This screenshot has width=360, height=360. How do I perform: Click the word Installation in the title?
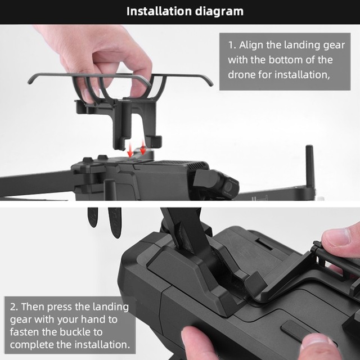[x=159, y=11]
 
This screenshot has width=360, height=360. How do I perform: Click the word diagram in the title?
[x=219, y=12]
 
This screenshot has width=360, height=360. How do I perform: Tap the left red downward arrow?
[x=130, y=149]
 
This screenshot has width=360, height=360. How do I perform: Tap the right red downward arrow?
[x=143, y=147]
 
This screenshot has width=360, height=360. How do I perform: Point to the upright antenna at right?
[x=309, y=167]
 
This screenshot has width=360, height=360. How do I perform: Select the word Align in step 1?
[x=250, y=46]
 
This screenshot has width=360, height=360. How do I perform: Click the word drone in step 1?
[x=241, y=75]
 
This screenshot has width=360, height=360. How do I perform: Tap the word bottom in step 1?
[x=285, y=60]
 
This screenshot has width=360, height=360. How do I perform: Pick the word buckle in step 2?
[x=76, y=332]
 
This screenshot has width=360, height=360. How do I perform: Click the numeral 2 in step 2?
[x=13, y=307]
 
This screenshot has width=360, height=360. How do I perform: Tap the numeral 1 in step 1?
[x=231, y=45]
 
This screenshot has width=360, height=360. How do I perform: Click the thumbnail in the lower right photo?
[x=335, y=237]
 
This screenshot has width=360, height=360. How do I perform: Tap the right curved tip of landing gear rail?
[x=209, y=83]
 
